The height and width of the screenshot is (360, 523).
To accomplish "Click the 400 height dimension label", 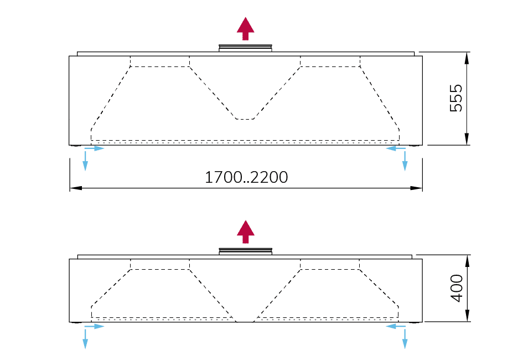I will pyautogui.click(x=455, y=288).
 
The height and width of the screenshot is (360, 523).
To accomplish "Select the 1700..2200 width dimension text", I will pyautogui.click(x=246, y=177).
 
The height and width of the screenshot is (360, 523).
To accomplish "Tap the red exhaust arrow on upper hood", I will pyautogui.click(x=245, y=28).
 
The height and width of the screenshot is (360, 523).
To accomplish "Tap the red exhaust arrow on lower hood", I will pyautogui.click(x=245, y=232).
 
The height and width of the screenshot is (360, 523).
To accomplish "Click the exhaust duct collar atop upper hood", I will pyautogui.click(x=245, y=49).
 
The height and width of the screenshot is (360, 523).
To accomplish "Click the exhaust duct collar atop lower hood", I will pyautogui.click(x=245, y=251).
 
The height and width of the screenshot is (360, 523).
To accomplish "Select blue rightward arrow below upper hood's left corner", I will pyautogui.click(x=96, y=148).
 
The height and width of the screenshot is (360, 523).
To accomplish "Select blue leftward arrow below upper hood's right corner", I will pyautogui.click(x=394, y=148).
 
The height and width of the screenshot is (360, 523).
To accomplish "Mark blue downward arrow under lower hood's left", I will pyautogui.click(x=85, y=340).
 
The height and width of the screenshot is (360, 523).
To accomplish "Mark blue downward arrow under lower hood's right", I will pyautogui.click(x=405, y=340).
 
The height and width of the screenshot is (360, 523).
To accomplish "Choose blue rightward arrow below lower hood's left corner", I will pyautogui.click(x=96, y=327).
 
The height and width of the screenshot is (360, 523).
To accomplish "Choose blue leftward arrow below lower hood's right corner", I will pyautogui.click(x=394, y=327).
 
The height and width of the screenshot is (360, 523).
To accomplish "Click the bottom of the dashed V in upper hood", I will pyautogui.click(x=245, y=118).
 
